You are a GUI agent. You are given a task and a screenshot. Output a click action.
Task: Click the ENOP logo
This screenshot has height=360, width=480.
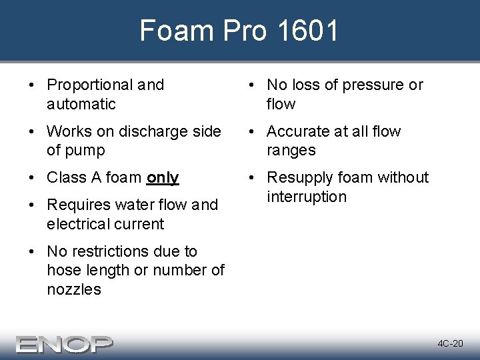(x=65, y=343)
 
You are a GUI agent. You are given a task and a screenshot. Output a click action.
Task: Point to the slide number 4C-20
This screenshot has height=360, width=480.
(x=450, y=343)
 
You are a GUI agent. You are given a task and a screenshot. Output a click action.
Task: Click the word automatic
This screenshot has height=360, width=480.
(x=81, y=104)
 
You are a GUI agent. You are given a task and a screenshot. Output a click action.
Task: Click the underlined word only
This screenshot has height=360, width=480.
(x=163, y=177)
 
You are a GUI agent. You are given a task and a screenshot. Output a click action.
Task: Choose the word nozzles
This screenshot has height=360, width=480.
(x=74, y=289)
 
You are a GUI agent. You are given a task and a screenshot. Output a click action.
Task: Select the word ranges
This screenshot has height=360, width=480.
(x=291, y=150)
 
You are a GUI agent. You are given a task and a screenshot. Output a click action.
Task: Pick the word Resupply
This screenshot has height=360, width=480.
(x=301, y=178)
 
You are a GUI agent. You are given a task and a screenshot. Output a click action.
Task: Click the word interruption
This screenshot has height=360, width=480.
(x=307, y=197)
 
